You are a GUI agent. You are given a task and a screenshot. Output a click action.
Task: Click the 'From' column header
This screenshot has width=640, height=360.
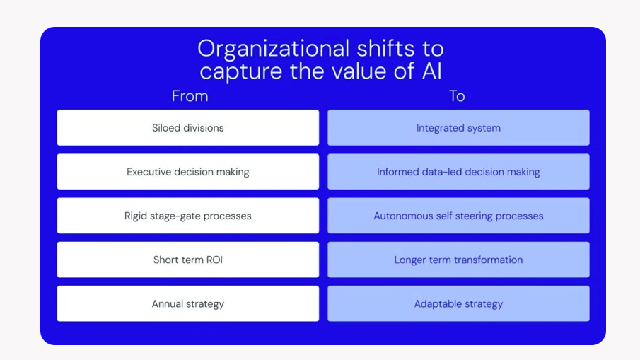(x=190, y=96)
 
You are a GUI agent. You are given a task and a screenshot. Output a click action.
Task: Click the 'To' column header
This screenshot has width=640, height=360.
(x=457, y=96)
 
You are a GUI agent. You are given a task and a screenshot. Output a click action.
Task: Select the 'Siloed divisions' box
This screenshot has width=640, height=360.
(x=187, y=128)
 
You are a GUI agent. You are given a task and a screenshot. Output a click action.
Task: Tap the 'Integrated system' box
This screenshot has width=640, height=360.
(x=458, y=128)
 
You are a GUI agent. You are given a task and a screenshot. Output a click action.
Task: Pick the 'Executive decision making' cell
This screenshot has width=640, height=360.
(x=187, y=172)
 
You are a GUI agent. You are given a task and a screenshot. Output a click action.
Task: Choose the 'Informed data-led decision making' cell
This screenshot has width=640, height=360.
(x=458, y=172)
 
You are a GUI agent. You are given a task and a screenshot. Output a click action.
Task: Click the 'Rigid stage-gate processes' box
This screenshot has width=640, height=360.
(x=187, y=216)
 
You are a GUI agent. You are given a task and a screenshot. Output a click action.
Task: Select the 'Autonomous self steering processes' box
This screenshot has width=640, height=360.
(x=458, y=216)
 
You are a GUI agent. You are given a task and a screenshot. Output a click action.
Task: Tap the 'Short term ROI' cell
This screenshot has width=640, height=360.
(x=187, y=260)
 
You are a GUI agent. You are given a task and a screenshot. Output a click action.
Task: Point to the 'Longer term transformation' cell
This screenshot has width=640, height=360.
(x=458, y=260)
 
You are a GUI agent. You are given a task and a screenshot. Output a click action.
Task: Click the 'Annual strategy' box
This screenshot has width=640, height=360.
(x=187, y=303)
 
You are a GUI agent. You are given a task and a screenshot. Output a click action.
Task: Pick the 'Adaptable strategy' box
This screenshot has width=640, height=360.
(x=458, y=303)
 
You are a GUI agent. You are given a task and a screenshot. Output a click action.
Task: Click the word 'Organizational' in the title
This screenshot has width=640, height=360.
(x=274, y=50)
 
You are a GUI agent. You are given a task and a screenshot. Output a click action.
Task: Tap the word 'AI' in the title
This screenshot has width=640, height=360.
(x=432, y=71)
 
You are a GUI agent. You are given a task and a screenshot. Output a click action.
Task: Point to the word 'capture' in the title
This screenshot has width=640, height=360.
(x=241, y=72)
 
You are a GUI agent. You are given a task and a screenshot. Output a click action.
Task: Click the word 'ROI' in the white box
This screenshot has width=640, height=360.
(x=214, y=260)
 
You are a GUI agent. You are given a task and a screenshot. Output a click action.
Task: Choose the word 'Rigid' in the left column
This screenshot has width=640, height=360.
(x=136, y=216)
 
